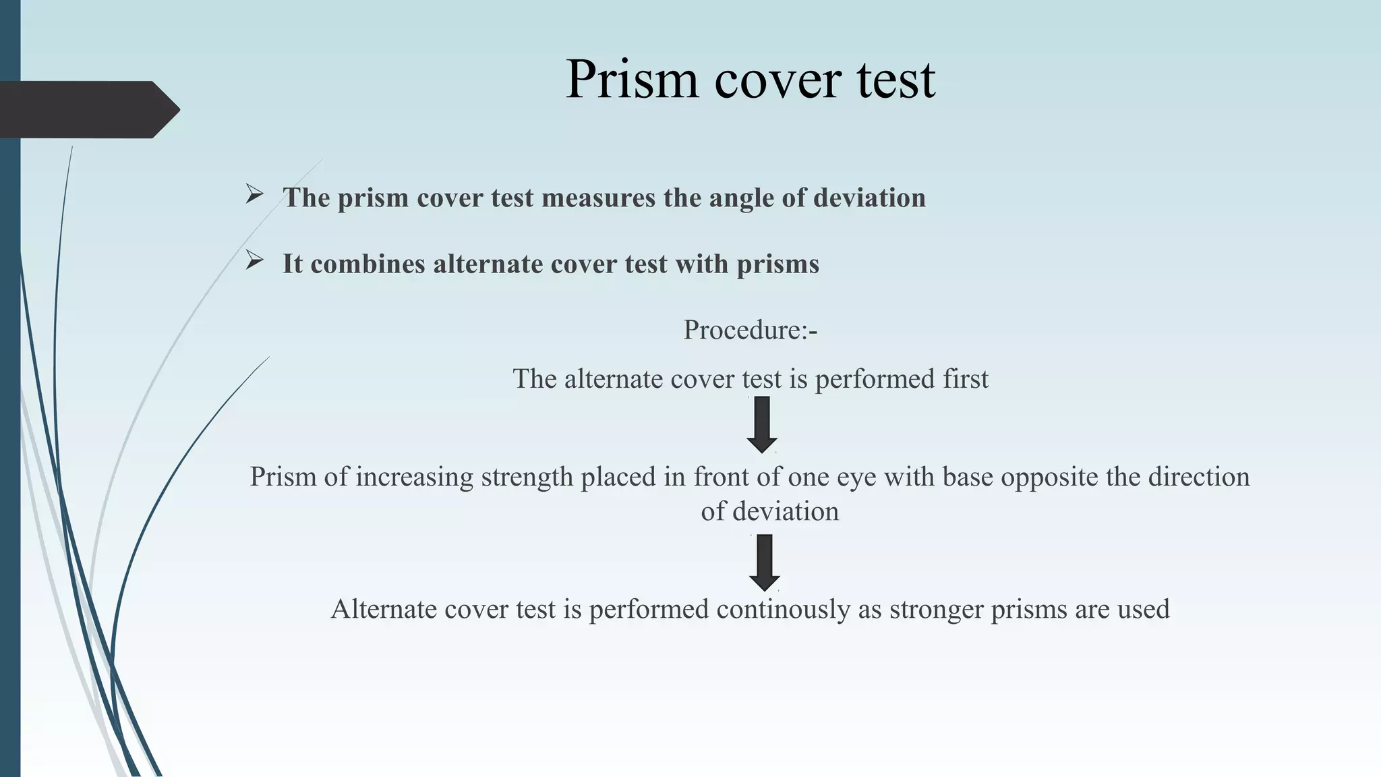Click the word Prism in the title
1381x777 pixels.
point(632,80)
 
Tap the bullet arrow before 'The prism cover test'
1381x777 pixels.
point(254,195)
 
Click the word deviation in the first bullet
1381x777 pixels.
point(869,198)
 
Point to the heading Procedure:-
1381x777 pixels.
point(750,330)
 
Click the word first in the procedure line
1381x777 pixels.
point(966,379)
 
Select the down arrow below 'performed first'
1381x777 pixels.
point(762,424)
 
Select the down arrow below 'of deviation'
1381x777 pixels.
point(765,562)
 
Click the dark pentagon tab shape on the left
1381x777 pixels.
point(88,109)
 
